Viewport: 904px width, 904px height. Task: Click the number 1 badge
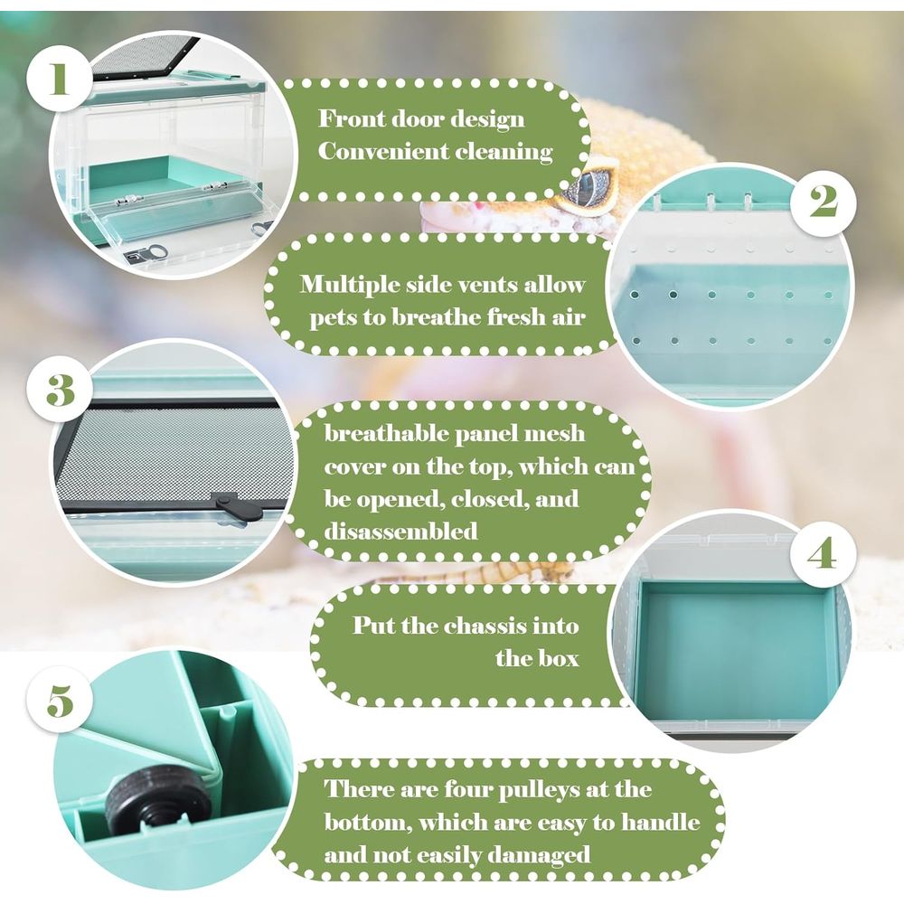tap(60, 79)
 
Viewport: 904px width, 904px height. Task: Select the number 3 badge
tap(60, 390)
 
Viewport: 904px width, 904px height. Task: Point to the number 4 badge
tap(822, 553)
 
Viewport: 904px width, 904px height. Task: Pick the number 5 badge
tap(60, 702)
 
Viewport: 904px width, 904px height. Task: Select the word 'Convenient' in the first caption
tap(381, 151)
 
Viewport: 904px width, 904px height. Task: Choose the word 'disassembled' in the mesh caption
tap(400, 531)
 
